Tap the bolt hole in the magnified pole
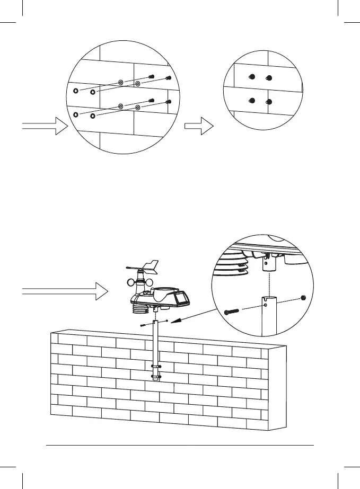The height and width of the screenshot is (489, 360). coord(265,305)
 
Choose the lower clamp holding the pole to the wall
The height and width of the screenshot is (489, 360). coord(157,377)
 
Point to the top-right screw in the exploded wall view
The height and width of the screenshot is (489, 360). coord(169,78)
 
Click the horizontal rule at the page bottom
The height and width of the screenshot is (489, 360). coord(180,446)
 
